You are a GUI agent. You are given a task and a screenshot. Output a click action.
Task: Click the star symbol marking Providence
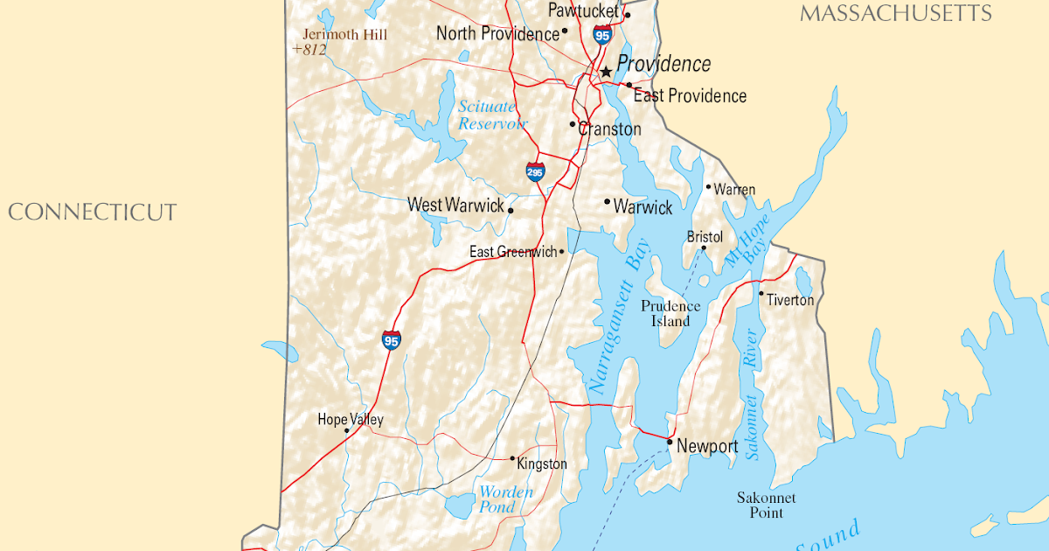[605, 71]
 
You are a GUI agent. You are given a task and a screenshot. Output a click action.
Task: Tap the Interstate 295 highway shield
[536, 171]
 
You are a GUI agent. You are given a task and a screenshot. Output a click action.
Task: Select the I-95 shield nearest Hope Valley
[391, 340]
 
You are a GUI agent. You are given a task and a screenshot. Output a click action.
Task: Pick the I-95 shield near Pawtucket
[601, 35]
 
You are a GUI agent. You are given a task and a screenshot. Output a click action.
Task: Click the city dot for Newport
[670, 443]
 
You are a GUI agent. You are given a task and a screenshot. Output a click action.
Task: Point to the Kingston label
[542, 464]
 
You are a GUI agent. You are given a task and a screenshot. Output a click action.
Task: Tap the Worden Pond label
[505, 499]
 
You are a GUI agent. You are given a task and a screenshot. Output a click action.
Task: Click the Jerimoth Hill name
[344, 35]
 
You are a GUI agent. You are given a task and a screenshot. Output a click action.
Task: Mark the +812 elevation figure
[309, 50]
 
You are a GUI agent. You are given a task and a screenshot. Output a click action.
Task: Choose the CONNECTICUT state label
[93, 213]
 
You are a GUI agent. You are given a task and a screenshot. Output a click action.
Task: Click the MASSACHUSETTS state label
[896, 13]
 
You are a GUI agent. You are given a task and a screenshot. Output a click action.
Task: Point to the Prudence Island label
[670, 313]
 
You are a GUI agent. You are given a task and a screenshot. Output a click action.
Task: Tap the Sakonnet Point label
[767, 505]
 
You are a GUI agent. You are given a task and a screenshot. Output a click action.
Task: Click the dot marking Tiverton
[761, 294]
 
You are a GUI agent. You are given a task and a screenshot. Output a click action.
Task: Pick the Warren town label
[734, 189]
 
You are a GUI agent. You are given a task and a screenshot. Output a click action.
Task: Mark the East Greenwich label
[513, 252]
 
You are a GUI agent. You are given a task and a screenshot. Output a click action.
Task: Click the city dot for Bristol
[704, 248]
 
